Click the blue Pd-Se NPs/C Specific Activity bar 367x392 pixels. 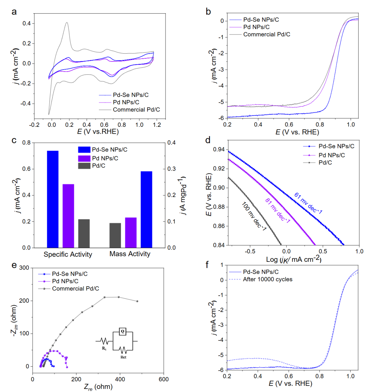click(x=53, y=199)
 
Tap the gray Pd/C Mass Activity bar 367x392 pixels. click(x=115, y=235)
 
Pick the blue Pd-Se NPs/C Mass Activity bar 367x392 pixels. click(x=146, y=209)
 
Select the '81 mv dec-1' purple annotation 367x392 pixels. click(x=278, y=211)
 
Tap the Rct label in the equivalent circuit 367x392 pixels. click(x=123, y=357)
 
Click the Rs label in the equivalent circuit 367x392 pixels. click(x=104, y=349)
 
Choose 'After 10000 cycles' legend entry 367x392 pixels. click(x=267, y=279)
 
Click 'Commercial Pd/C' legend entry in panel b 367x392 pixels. click(x=266, y=34)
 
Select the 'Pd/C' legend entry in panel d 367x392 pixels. click(x=325, y=162)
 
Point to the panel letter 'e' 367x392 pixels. click(x=14, y=265)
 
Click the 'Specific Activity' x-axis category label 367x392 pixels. click(x=68, y=254)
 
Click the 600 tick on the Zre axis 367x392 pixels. click(x=163, y=379)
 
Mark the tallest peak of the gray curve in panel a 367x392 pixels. click(x=67, y=23)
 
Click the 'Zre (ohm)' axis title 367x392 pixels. click(x=98, y=387)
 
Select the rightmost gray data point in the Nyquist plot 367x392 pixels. click(x=137, y=301)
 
